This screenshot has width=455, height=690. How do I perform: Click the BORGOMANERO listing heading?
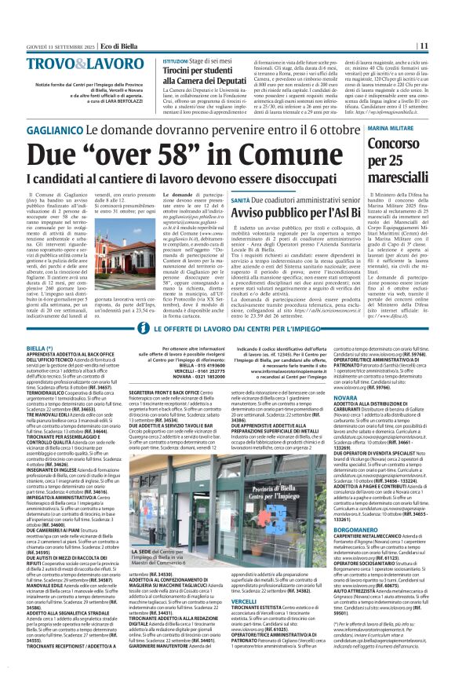click(x=360, y=530)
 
